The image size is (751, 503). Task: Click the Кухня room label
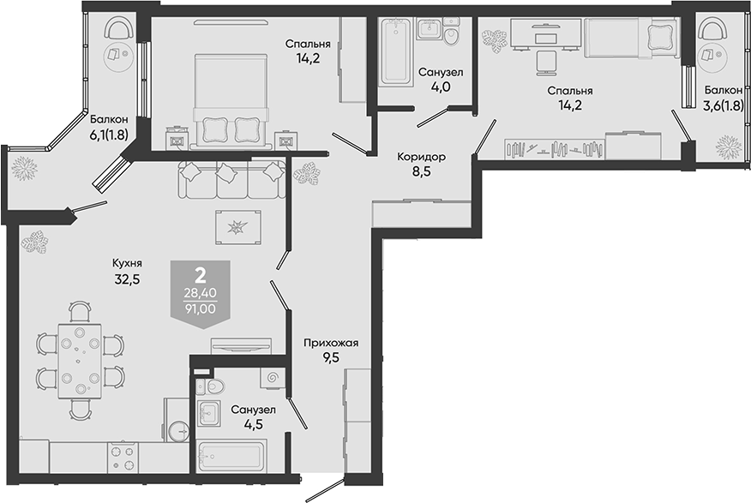click(127, 263)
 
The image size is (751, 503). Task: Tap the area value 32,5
click(127, 279)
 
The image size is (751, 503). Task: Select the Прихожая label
click(331, 343)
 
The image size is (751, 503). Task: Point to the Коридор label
click(422, 157)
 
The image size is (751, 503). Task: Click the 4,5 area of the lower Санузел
click(253, 424)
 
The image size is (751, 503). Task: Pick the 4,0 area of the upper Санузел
click(441, 87)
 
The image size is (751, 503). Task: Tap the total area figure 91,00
click(201, 308)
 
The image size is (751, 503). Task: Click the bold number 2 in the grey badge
click(201, 275)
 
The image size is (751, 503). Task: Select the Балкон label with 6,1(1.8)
click(109, 119)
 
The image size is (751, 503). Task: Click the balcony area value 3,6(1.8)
click(724, 106)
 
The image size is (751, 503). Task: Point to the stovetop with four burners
click(122, 457)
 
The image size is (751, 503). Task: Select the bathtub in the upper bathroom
click(395, 52)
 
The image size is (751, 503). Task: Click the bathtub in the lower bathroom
click(231, 457)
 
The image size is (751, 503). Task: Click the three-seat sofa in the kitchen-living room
click(231, 179)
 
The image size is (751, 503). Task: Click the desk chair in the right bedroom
click(545, 63)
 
